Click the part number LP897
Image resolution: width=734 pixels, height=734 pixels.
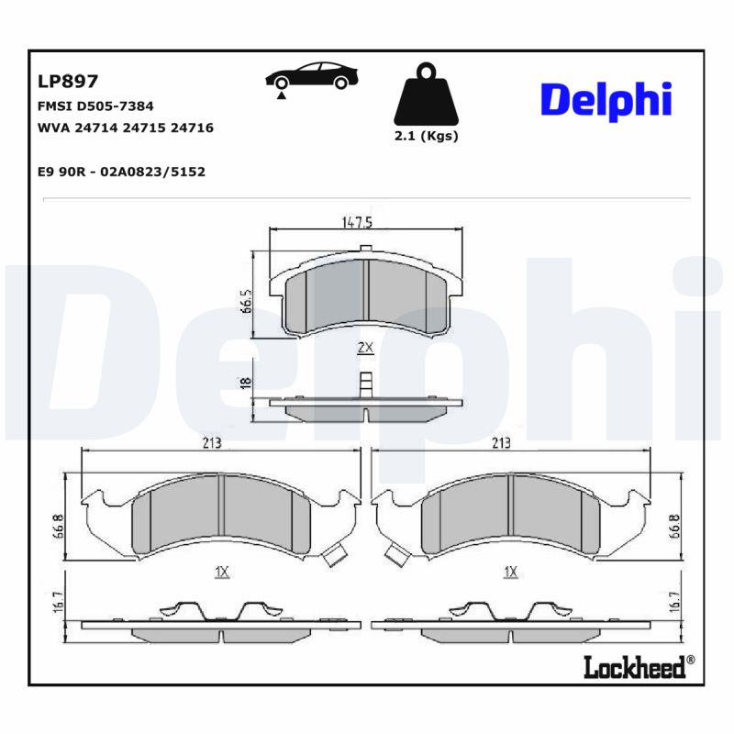click(67, 82)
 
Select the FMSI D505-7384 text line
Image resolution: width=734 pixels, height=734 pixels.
click(95, 106)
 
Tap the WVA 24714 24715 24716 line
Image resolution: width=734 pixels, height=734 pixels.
click(125, 128)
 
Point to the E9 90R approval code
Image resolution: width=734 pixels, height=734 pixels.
click(120, 171)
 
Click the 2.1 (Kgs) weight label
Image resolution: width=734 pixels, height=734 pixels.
click(426, 136)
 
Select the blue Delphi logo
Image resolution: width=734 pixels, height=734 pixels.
click(606, 101)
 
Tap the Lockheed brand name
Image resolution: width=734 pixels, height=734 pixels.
click(635, 667)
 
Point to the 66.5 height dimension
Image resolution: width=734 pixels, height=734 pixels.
click(246, 300)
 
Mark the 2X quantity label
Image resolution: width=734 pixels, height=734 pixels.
click(364, 348)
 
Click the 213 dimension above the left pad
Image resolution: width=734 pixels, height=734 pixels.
click(211, 442)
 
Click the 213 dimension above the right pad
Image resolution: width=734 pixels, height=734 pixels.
click(501, 442)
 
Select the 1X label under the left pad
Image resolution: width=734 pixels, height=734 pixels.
click(220, 572)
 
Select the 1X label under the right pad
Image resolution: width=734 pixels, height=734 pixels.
click(511, 572)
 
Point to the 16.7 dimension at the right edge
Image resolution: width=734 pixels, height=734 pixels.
click(674, 601)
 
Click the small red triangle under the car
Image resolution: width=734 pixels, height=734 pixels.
click(282, 95)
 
